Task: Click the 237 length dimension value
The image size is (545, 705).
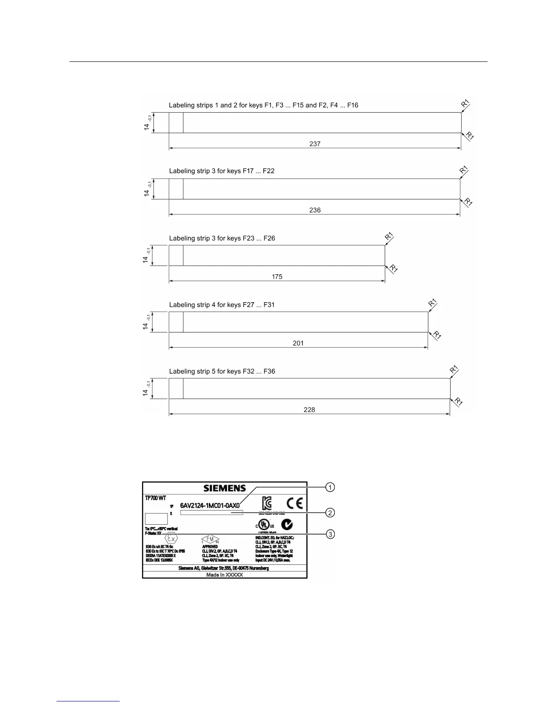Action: pos(315,144)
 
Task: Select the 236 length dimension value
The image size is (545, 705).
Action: pos(315,210)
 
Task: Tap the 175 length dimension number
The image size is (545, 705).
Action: pos(277,277)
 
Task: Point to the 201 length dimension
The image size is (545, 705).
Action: pos(298,343)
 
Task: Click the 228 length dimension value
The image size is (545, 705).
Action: pos(309,409)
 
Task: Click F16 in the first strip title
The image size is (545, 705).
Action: pos(353,105)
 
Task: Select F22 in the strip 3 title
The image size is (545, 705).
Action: pos(268,171)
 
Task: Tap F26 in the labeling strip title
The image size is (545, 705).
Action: pos(269,239)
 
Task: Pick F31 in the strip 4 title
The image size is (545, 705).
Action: pos(269,305)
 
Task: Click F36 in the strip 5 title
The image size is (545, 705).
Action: pos(269,372)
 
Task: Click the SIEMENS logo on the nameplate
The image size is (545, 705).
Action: pos(224,488)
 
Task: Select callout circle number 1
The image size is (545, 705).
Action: pos(330,487)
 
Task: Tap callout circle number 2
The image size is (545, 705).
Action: pos(330,513)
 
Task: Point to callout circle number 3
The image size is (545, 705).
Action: pos(330,534)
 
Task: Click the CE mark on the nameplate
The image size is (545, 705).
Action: pos(294,503)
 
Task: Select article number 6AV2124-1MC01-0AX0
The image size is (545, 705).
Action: pos(210,506)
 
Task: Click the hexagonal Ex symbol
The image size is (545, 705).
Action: pos(171,539)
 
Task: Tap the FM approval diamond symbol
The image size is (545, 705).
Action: pos(210,539)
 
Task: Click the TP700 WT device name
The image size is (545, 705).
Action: pos(155,498)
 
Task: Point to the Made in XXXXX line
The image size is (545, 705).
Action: pos(224,575)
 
